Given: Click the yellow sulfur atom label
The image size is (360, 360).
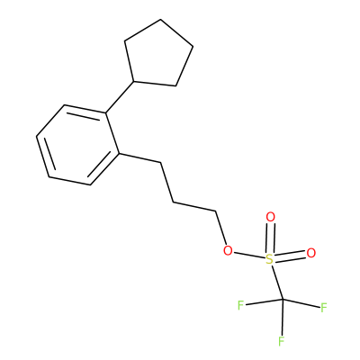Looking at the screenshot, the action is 270,259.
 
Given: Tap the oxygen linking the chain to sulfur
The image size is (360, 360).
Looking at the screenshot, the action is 228,250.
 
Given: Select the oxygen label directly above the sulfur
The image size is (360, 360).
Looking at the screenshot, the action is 271,217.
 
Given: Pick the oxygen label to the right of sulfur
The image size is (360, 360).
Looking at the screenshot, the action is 311,253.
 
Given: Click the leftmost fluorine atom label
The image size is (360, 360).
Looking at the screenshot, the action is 240,305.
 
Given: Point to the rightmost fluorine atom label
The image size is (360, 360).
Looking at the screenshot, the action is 323,308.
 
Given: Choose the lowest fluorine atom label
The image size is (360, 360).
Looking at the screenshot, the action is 282,341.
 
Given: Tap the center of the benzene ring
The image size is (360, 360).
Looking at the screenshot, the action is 78,145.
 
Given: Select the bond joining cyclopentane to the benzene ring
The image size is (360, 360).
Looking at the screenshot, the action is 120,97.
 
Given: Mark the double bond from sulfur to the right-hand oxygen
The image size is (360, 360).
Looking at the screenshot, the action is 291,256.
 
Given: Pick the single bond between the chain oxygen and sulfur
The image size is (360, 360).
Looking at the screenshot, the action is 250,255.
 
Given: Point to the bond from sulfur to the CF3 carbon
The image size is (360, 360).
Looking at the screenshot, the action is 277,282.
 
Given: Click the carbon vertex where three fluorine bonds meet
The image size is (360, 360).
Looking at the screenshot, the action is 283,300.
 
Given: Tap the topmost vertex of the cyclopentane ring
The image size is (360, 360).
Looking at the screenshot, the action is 161,20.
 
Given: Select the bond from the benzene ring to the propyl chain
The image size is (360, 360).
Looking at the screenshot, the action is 140,158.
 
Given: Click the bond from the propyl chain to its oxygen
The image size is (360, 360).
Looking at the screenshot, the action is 220,228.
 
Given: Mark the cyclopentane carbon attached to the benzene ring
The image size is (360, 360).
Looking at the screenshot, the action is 134,81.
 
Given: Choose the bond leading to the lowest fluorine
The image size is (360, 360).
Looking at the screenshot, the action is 283,317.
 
